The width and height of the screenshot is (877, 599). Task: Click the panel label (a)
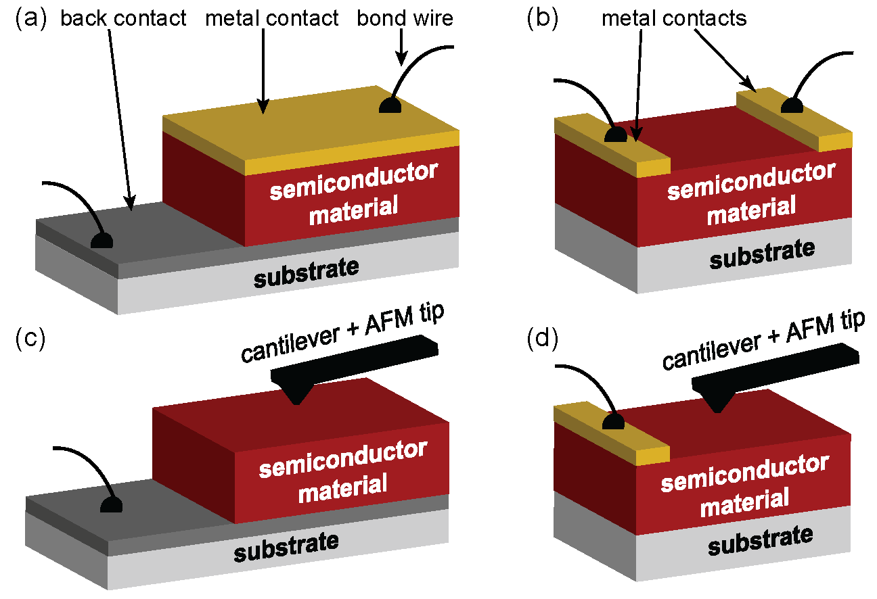30,18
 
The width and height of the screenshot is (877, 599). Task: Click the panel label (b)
542,18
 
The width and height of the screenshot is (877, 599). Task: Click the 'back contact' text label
123,18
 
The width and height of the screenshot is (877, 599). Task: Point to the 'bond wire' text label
405,18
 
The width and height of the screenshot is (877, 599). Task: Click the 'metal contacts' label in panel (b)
674,18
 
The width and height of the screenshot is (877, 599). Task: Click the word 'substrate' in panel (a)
306,272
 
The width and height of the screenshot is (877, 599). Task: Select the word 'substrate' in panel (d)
761,540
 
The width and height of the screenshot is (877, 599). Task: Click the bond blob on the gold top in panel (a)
390,105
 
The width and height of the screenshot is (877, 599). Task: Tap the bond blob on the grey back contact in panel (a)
102,240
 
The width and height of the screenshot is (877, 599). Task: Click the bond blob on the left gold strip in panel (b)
616,134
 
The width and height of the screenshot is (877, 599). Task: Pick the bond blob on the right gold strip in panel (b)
792,105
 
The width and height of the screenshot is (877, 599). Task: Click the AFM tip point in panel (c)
297,402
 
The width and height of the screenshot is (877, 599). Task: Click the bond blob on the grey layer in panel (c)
111,505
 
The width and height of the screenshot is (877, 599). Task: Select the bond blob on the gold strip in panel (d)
613,421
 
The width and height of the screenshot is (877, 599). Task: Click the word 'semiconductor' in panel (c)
343,458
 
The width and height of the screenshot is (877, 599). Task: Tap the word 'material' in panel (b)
751,210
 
